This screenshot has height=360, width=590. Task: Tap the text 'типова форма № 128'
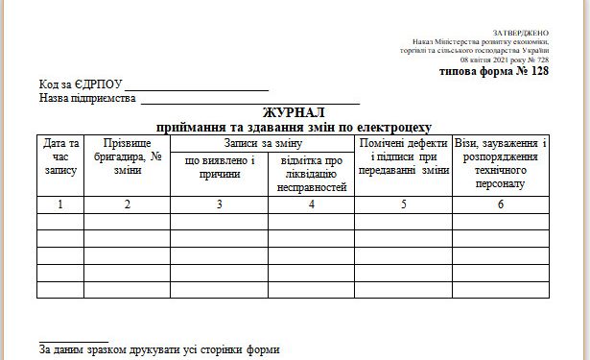click(x=494, y=70)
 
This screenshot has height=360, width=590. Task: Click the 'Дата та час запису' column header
click(x=60, y=156)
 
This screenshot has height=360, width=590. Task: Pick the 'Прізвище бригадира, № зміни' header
click(x=127, y=156)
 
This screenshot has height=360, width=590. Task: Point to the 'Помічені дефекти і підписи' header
click(x=403, y=156)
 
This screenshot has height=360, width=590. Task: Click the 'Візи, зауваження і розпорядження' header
click(x=500, y=162)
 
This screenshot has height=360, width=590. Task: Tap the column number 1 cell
click(x=60, y=204)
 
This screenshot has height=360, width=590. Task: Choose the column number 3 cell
click(x=219, y=204)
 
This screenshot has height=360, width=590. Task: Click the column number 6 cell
click(x=500, y=204)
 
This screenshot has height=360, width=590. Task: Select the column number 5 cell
click(x=403, y=204)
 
